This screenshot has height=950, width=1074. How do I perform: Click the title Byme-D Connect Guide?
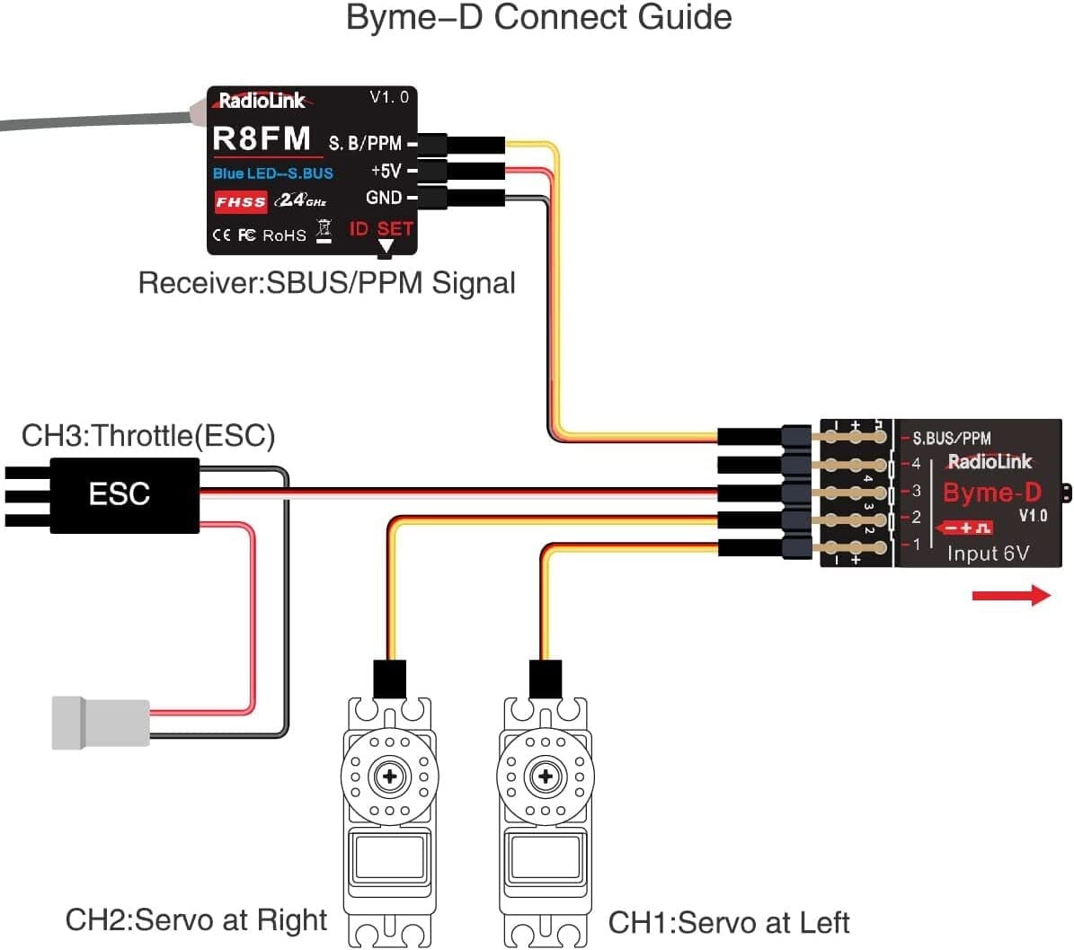(538, 18)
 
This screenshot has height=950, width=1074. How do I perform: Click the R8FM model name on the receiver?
(262, 138)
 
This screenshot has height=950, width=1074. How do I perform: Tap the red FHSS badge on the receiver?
(241, 201)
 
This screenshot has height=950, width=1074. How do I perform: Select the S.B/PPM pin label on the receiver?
(365, 143)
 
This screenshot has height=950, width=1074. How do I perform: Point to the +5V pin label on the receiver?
(386, 171)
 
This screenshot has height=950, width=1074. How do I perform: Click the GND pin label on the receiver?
(384, 198)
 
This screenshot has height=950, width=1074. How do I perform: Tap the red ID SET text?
(381, 228)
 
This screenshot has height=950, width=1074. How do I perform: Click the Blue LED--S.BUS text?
(273, 173)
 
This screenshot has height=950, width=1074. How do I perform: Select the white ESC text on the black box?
(119, 493)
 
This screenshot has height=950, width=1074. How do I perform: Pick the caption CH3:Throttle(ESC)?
(148, 436)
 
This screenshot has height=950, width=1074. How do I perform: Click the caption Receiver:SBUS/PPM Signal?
(327, 283)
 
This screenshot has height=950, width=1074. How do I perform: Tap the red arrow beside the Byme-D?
(1011, 595)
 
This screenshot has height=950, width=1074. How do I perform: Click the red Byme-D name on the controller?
(991, 493)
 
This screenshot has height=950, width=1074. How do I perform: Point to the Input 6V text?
(988, 554)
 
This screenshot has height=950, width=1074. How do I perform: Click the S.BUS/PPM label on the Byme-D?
(952, 439)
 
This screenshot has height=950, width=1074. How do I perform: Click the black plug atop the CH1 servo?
(546, 679)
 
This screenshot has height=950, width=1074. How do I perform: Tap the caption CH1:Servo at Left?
(729, 922)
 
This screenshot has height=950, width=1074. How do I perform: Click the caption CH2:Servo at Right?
(197, 920)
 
